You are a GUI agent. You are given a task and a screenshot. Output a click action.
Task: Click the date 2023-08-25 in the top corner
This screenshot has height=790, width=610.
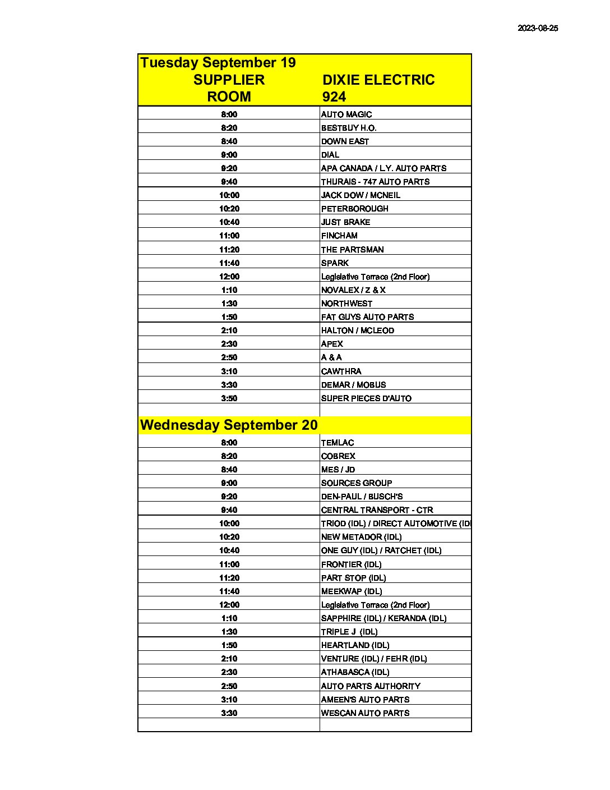(537, 28)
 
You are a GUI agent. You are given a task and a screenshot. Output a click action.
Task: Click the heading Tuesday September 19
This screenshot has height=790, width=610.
(218, 62)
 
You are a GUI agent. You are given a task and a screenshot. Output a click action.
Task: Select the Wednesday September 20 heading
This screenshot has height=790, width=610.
(229, 425)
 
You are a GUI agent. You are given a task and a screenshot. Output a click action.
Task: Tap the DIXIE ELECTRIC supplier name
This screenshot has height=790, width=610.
(378, 80)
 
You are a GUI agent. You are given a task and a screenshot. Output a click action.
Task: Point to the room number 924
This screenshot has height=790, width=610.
(334, 97)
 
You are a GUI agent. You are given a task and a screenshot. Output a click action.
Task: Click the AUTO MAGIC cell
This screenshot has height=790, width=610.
(346, 114)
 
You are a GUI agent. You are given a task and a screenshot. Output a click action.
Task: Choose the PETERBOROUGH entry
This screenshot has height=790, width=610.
(354, 209)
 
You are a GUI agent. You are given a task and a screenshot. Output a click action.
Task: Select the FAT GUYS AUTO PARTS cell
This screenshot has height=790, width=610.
(367, 317)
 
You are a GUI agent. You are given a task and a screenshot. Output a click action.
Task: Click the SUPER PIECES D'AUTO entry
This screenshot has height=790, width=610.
(366, 398)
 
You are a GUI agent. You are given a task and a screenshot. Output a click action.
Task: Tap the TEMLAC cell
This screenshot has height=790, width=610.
(337, 443)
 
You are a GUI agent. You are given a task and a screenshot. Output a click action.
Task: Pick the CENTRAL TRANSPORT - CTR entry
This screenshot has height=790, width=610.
(377, 510)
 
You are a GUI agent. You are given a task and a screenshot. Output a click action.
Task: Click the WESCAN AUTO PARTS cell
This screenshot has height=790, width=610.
(365, 713)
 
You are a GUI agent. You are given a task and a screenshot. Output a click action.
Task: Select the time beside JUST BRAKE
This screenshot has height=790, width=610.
(229, 222)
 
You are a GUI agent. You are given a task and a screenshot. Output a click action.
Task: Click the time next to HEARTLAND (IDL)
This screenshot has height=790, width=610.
(229, 645)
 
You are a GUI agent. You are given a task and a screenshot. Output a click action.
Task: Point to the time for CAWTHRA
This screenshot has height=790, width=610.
(229, 371)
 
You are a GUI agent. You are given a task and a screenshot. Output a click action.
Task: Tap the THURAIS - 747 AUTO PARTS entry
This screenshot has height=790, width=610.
(375, 182)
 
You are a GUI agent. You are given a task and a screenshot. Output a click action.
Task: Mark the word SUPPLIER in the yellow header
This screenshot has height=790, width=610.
(229, 80)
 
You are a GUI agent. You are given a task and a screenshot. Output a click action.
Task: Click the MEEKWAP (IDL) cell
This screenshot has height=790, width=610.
(351, 591)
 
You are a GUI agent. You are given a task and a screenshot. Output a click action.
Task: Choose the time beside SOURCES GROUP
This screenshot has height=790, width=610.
(229, 483)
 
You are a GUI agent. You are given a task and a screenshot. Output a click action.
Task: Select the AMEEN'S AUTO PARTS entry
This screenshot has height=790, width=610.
(365, 700)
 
